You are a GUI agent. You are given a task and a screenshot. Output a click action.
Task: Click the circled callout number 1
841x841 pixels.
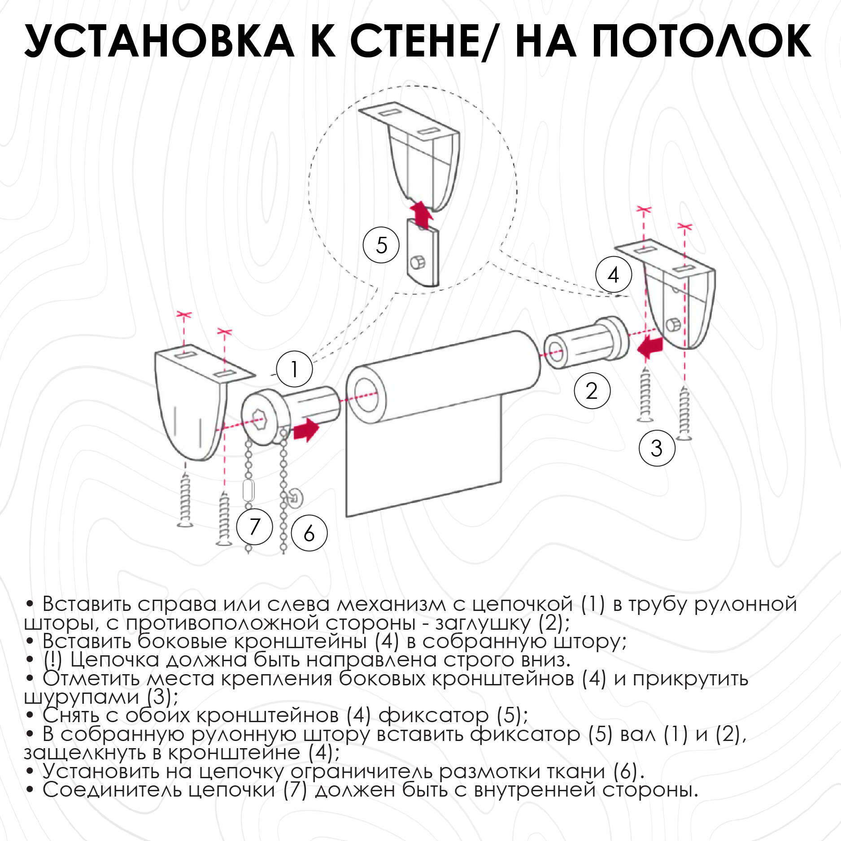coord(294,370)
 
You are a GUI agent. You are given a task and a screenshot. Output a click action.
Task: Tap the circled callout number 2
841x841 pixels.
coord(592,391)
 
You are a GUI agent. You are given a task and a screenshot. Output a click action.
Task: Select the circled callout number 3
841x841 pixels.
coord(657,448)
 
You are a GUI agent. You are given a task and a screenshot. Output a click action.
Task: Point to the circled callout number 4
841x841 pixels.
coord(614,275)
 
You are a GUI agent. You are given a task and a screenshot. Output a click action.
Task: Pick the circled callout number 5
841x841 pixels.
coord(381,245)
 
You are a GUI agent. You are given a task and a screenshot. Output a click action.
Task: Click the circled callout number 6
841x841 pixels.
coord(309,533)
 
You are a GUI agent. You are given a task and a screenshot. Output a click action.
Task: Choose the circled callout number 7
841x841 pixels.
coord(254,526)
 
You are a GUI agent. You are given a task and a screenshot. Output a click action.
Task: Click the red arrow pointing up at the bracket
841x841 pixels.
coord(421,214)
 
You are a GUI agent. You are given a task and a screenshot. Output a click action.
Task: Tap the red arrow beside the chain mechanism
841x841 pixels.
coord(306,430)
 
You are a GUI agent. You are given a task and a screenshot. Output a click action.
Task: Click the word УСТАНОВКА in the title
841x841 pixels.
coord(159,41)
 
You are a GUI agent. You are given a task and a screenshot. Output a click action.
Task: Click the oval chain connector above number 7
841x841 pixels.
coord(248,491)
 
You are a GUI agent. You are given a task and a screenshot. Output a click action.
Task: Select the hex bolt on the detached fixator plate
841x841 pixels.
coord(418,262)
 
